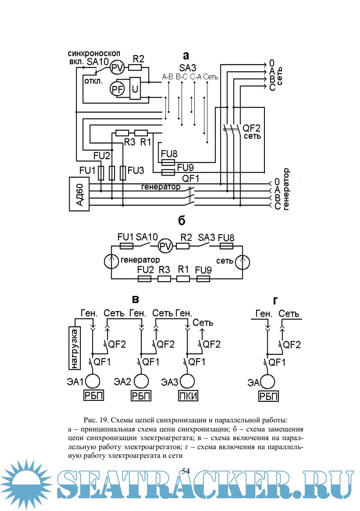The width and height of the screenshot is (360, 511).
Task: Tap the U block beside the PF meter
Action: (135, 88)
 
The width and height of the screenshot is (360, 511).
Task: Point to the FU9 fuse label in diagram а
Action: (185, 167)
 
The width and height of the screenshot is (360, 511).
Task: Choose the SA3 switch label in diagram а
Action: (188, 67)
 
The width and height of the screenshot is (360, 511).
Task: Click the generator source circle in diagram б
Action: (111, 261)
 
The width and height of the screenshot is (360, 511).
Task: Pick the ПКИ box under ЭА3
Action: (188, 396)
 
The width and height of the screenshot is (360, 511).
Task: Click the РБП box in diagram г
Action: (268, 396)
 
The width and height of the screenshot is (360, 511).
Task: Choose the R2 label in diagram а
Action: (138, 58)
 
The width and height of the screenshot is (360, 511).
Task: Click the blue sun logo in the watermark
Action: (27, 486)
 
